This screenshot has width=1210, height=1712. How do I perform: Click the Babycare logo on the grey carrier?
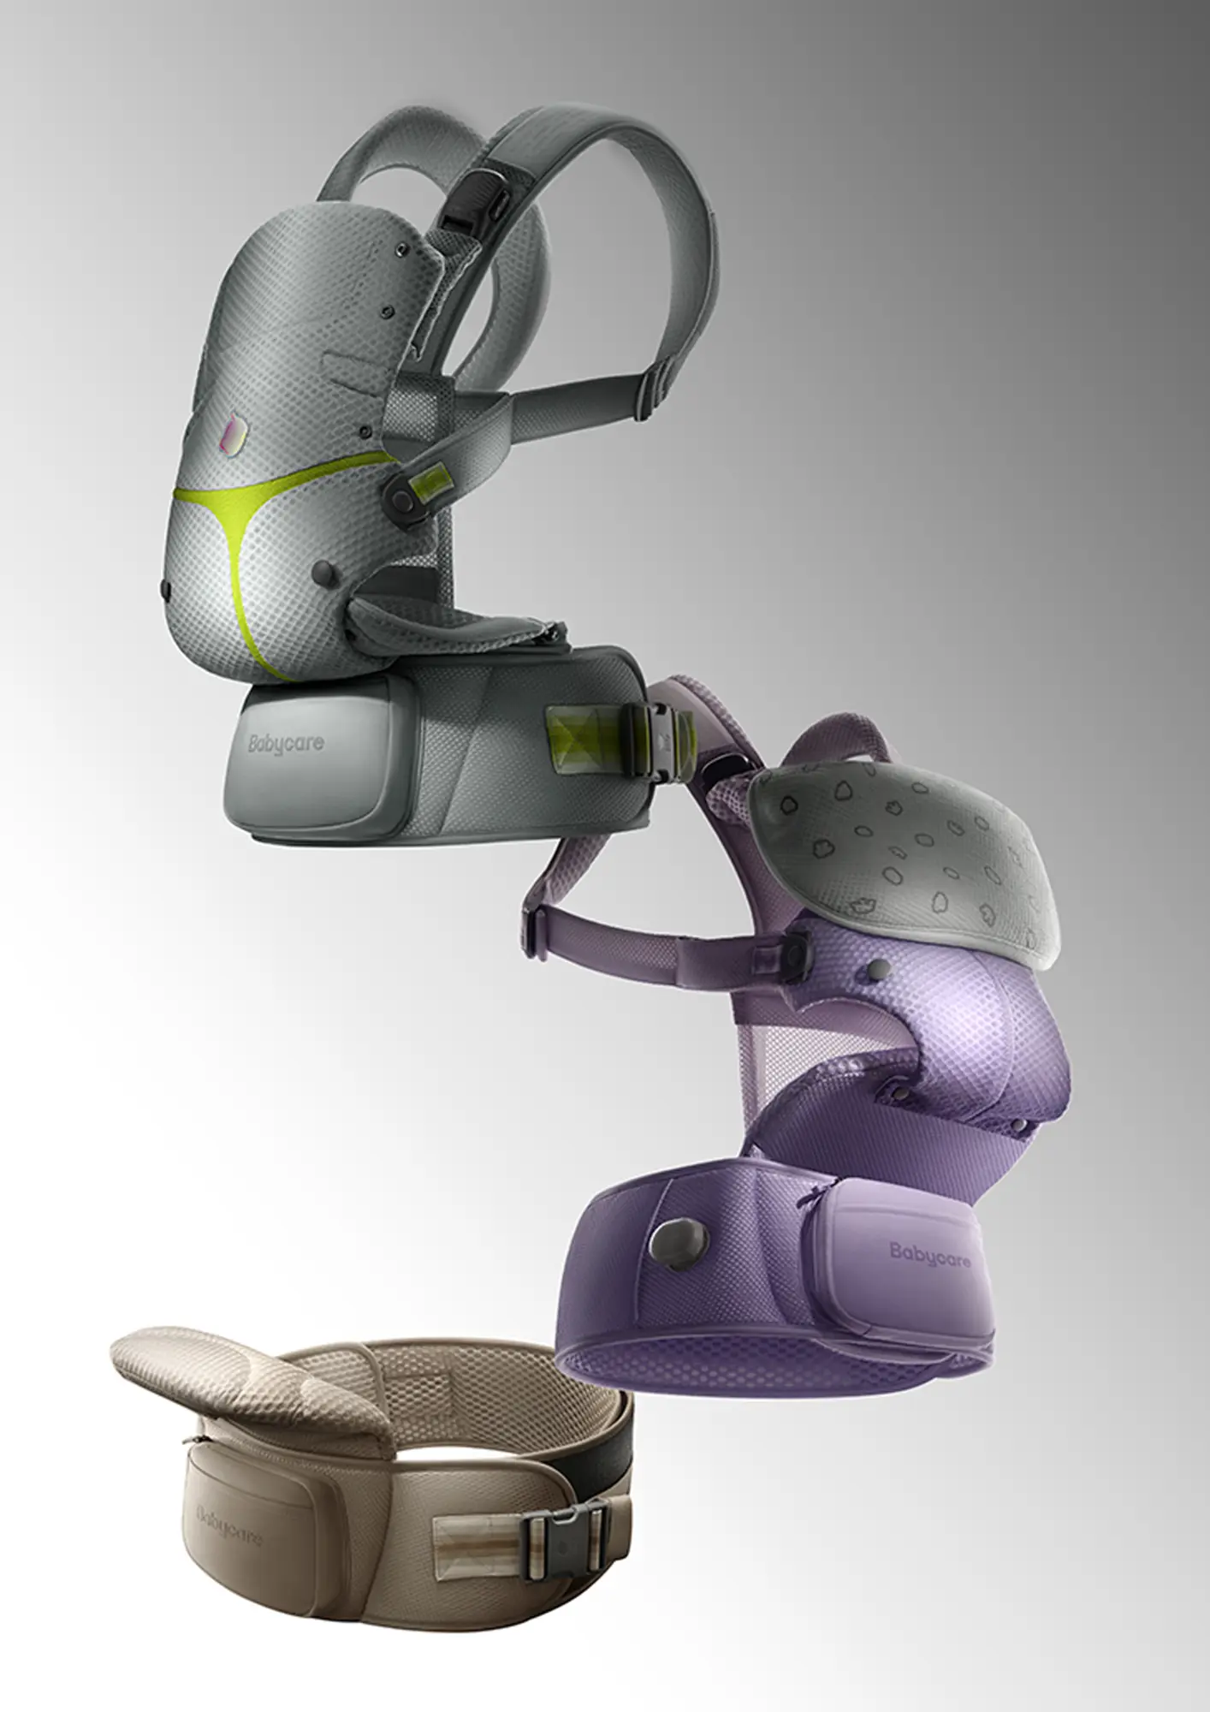287,743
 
